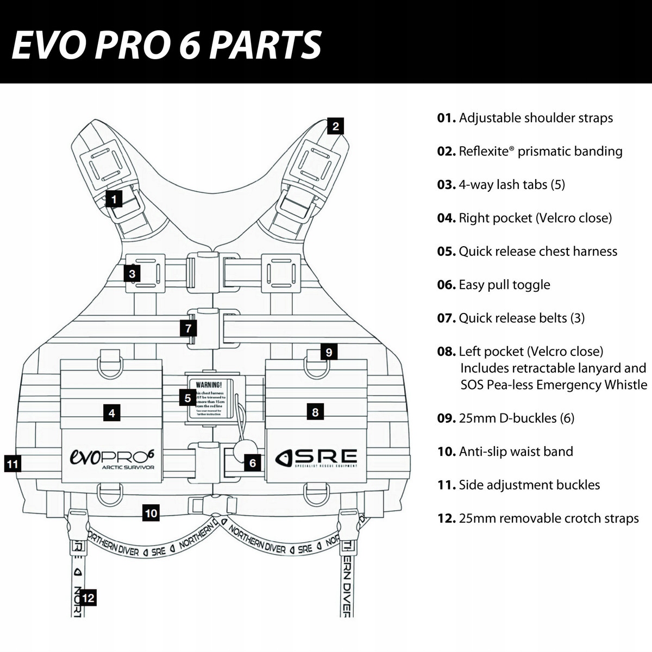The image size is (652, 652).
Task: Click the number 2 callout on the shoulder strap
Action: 336,127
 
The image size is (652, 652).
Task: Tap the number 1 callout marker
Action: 114,199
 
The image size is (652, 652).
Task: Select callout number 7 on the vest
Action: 188,328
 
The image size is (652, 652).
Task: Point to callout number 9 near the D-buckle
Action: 328,352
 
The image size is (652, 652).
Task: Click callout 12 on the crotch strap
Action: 88,598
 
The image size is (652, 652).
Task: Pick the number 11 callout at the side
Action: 12,464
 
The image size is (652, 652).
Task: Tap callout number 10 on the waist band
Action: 151,512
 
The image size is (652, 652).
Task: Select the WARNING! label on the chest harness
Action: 209,384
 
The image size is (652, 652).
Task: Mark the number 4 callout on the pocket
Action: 111,413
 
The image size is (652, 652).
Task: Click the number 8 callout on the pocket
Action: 315,412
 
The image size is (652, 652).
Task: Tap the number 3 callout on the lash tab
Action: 132,273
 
